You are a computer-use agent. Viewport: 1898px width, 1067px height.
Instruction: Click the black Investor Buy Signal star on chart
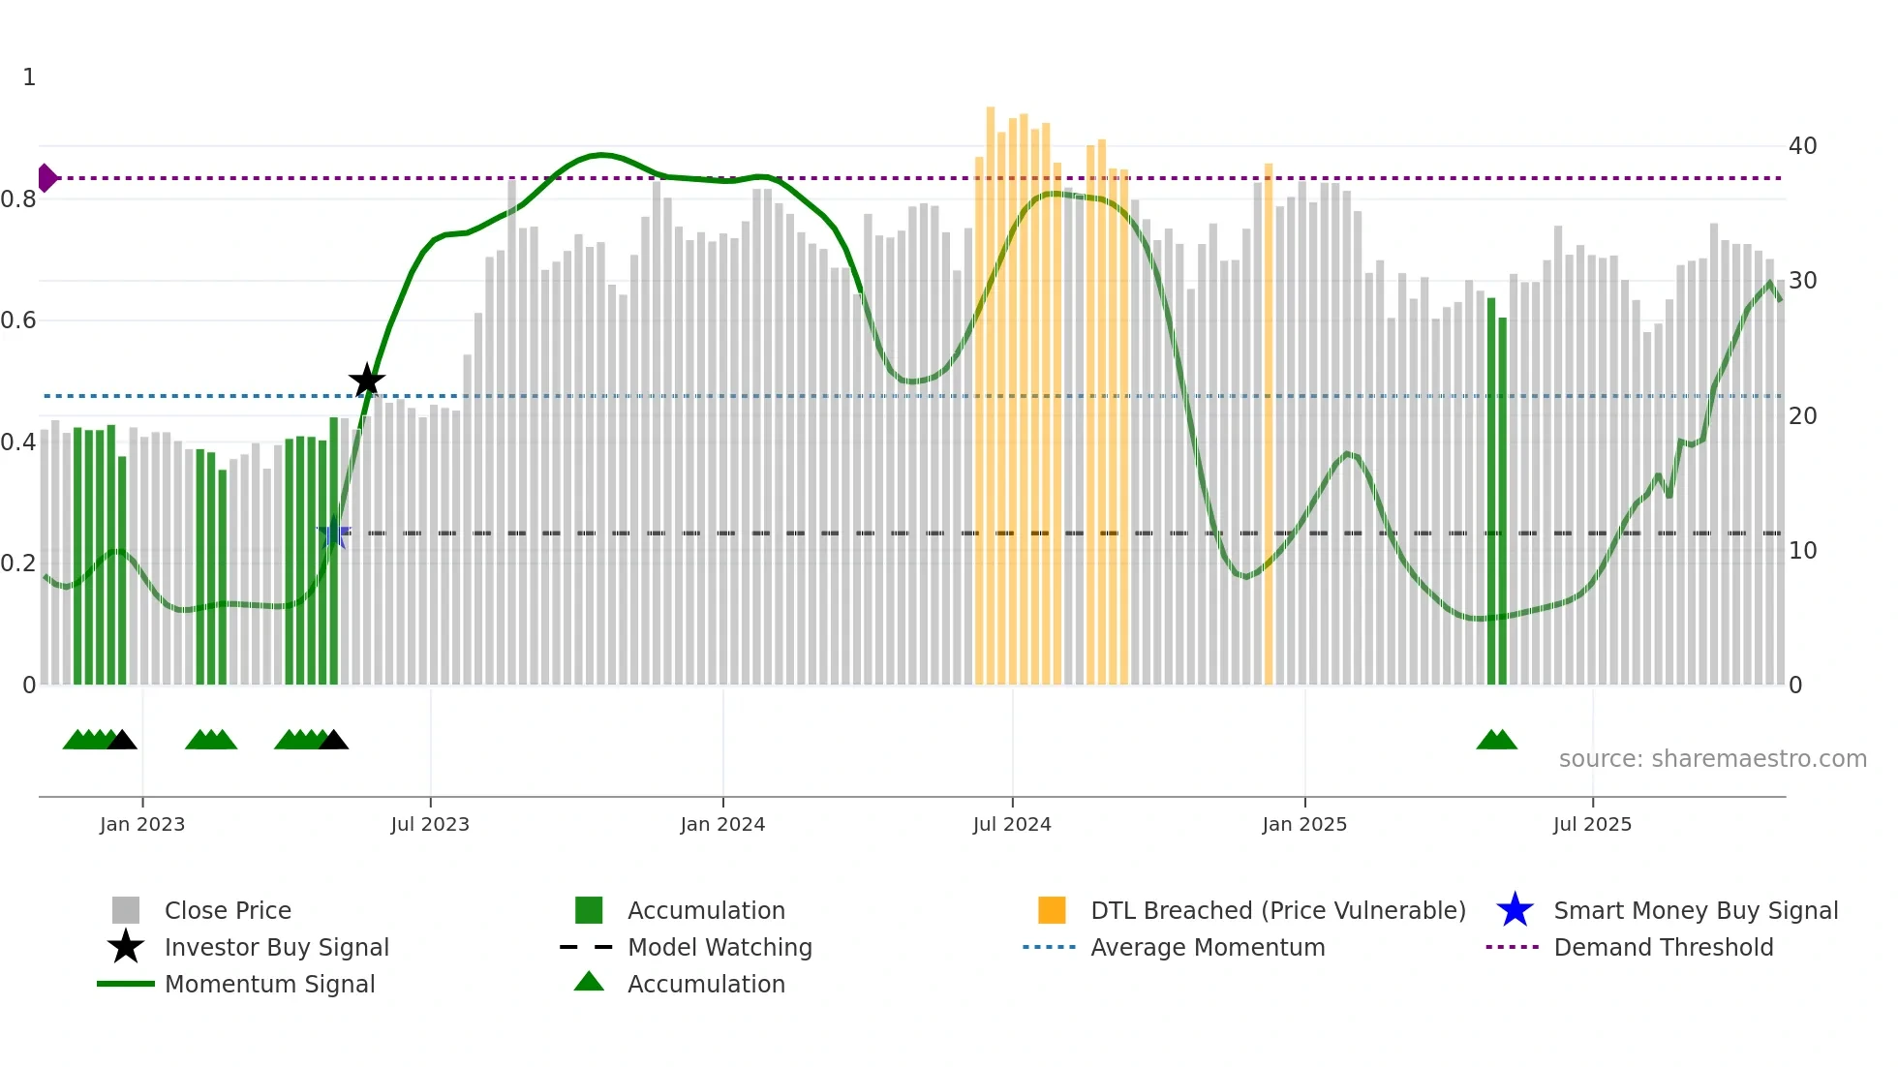[x=367, y=381]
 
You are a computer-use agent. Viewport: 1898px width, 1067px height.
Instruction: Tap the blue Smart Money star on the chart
[x=334, y=533]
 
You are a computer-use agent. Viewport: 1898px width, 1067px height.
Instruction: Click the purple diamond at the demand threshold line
[x=46, y=178]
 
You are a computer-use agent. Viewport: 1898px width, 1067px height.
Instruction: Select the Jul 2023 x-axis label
[x=430, y=824]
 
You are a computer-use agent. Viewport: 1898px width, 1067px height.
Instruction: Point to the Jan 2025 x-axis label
[x=1304, y=824]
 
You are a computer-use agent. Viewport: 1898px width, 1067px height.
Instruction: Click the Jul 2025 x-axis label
[x=1592, y=824]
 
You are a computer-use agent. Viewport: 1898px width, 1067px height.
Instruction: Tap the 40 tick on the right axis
[x=1802, y=146]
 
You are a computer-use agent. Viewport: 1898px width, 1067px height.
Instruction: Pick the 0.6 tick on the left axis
[x=18, y=320]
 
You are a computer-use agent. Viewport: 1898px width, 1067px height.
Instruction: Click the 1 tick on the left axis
[x=29, y=77]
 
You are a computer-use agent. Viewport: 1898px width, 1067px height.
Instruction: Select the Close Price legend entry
[x=228, y=910]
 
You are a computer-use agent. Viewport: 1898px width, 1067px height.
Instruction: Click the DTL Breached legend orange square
[x=1052, y=910]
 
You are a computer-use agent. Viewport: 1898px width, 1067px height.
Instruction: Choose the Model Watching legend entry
[x=719, y=947]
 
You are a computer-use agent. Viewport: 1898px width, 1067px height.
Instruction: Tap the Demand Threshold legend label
[x=1663, y=947]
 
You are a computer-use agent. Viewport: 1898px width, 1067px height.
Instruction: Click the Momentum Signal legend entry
[x=269, y=984]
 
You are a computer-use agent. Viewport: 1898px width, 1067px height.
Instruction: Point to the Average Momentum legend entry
[x=1208, y=947]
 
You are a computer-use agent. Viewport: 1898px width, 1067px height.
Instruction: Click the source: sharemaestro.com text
[x=1712, y=759]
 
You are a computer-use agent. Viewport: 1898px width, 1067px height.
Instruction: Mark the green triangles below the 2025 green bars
[x=1496, y=741]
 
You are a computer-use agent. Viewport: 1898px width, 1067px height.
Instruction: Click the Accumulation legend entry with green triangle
[x=706, y=984]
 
